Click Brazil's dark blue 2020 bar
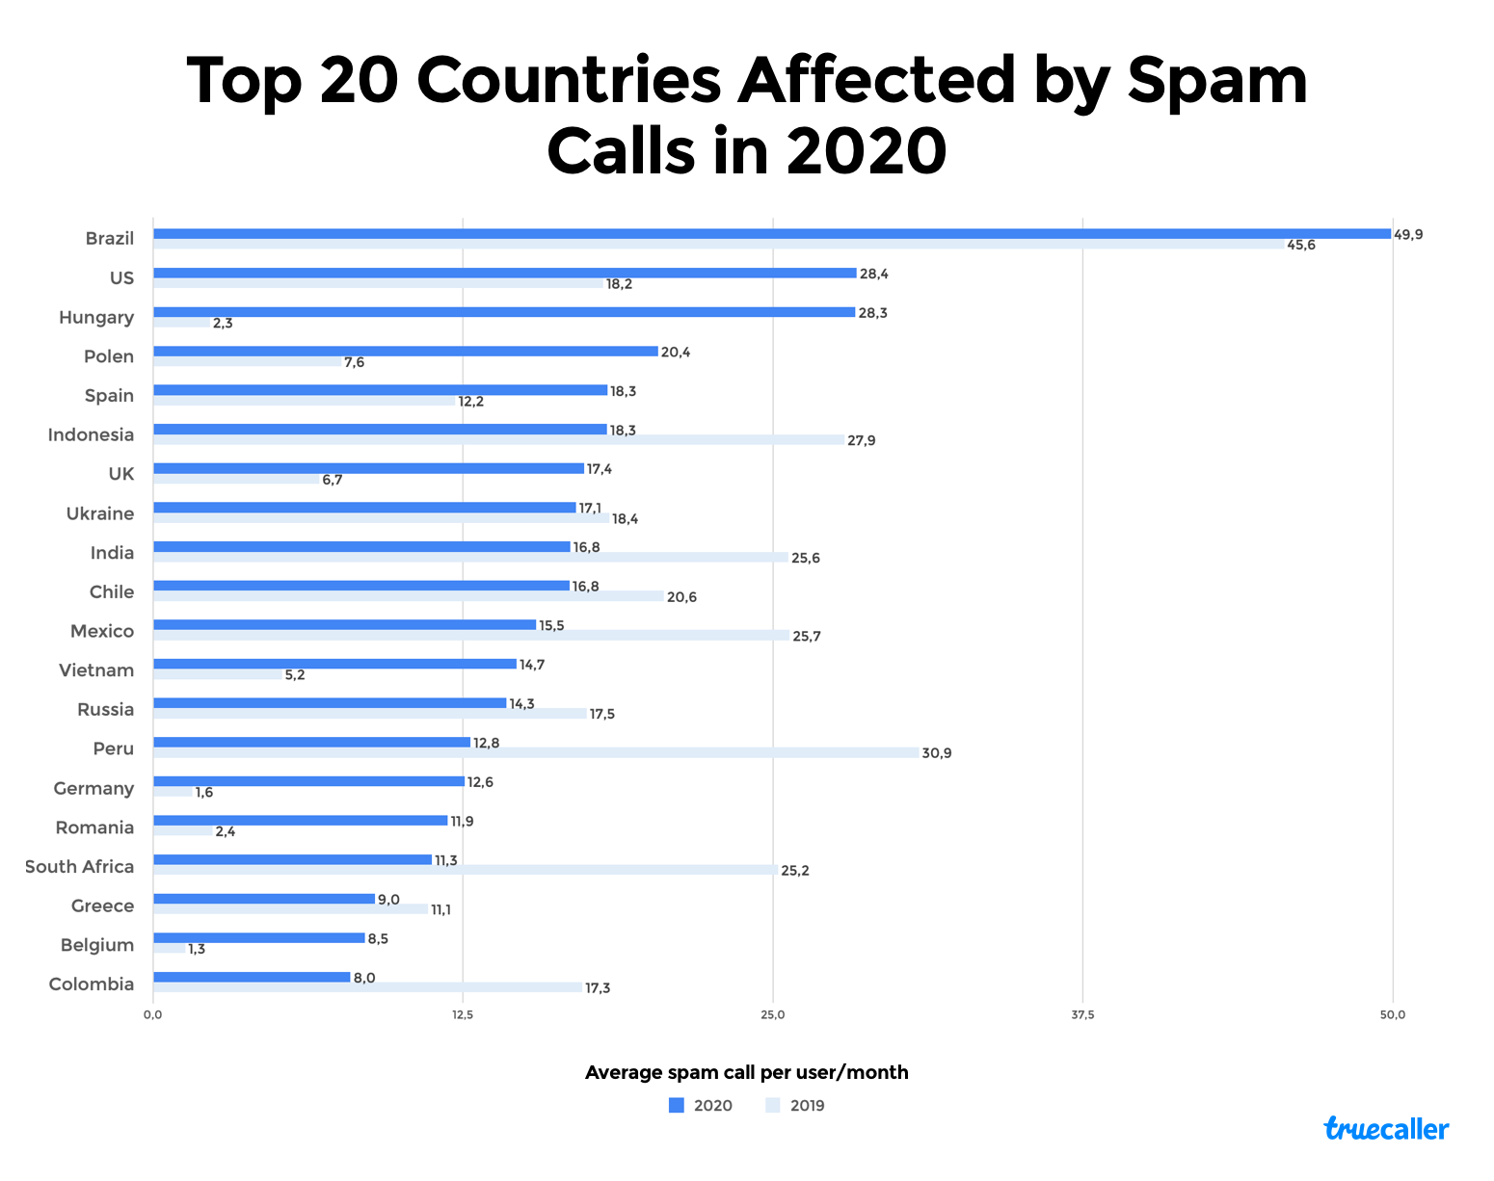tap(771, 234)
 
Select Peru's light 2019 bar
tap(535, 752)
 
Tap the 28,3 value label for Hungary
tap(872, 313)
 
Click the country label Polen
tap(109, 356)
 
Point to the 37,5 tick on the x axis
tap(1082, 1014)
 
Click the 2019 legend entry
tap(796, 1105)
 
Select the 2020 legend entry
tap(701, 1105)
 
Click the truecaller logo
tap(1386, 1128)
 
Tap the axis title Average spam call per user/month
tap(746, 1072)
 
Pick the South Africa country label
tap(79, 867)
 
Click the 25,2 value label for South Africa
tap(794, 871)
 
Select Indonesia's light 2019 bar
tap(498, 440)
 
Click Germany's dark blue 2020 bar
tap(308, 781)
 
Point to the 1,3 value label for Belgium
tap(196, 949)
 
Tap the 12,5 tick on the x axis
tap(463, 1014)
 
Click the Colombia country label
tap(92, 984)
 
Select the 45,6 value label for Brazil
tap(1300, 245)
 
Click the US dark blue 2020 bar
tap(504, 274)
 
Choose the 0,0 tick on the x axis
tap(152, 1014)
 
